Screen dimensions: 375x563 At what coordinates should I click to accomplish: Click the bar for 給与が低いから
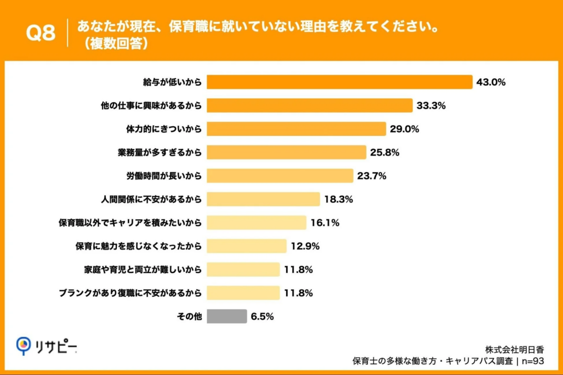coord(339,82)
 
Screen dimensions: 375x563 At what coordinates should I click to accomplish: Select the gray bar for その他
coord(227,316)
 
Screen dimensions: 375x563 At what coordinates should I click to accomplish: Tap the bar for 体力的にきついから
coord(296,129)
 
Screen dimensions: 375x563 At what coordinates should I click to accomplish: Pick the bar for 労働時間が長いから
coord(280,176)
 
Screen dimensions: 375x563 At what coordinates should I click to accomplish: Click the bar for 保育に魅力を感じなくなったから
coord(246,246)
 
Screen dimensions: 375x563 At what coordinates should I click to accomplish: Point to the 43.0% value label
coord(491,82)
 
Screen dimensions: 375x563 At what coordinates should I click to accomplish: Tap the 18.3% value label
coord(338,200)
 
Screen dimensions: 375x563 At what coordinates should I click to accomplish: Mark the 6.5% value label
coord(262,317)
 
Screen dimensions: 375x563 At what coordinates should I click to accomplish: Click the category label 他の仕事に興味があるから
coord(152,106)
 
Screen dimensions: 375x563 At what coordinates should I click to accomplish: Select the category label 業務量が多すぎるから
coord(160,153)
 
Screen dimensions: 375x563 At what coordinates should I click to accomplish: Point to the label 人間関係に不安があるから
coord(152,200)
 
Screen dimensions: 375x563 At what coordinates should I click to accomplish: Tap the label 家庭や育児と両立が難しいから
coord(143,270)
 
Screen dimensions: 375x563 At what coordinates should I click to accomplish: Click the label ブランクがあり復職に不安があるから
coord(130,293)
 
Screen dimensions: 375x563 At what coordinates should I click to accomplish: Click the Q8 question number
coord(40,33)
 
